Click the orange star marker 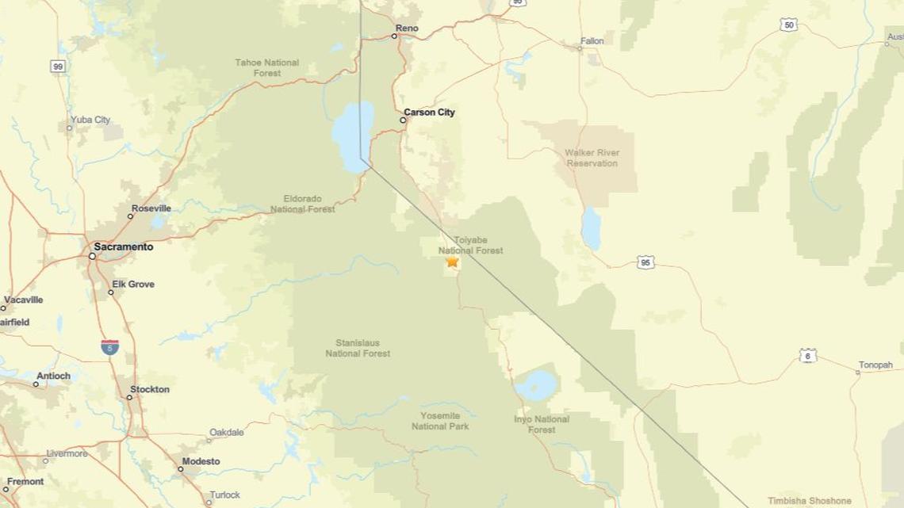452,261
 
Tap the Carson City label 429,113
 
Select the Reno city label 406,29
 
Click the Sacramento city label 123,247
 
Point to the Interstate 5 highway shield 109,347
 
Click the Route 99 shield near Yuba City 58,67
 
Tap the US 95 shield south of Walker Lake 645,262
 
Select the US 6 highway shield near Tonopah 807,356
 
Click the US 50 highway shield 788,25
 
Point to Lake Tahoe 352,131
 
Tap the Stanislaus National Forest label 358,349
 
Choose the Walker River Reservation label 592,158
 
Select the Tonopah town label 875,365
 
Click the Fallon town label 592,41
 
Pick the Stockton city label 149,390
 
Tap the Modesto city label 201,462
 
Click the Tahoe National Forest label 267,67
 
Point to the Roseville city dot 131,216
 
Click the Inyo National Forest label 542,424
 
